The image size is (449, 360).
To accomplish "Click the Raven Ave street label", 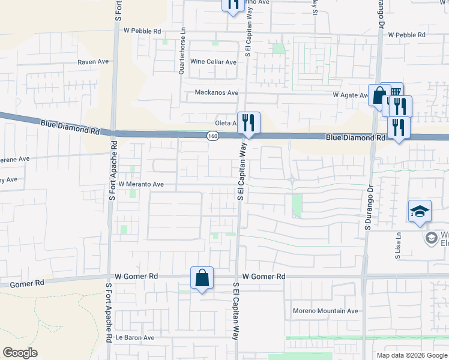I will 92,62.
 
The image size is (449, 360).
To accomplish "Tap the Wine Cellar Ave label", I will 213,62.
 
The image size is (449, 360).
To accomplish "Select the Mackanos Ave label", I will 217,93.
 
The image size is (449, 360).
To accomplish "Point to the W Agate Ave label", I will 351,95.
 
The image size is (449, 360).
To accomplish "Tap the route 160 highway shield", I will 212,137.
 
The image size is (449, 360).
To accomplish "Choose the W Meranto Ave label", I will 141,184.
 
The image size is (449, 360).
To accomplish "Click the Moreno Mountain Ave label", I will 325,311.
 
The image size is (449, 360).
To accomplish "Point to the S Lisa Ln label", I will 398,245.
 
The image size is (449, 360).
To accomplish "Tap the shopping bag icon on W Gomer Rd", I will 202,278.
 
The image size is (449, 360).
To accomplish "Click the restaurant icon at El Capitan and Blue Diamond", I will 249,123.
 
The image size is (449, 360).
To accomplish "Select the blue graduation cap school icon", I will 420,211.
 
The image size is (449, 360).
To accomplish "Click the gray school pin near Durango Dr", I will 430,238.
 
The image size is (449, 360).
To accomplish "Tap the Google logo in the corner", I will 20,353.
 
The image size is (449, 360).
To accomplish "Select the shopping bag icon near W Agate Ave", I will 379,95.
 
